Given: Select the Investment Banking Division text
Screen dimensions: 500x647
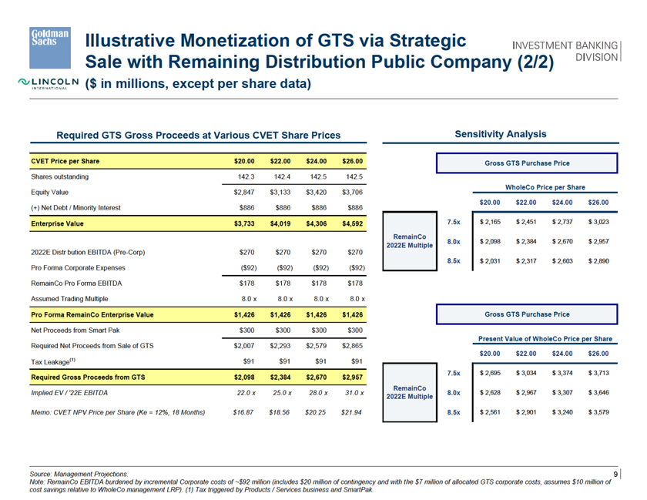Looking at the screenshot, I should point(566,52).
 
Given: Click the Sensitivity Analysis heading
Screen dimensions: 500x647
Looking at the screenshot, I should point(501,134).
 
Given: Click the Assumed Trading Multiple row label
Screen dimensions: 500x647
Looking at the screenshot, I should point(74,299).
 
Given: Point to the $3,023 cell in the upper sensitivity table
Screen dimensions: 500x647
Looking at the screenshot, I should point(596,222).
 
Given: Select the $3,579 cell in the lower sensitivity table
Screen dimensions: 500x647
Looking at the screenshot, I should point(596,411).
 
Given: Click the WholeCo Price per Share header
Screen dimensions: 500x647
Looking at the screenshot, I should point(545,187).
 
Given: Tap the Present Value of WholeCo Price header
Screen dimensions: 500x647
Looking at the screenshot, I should point(545,338).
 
